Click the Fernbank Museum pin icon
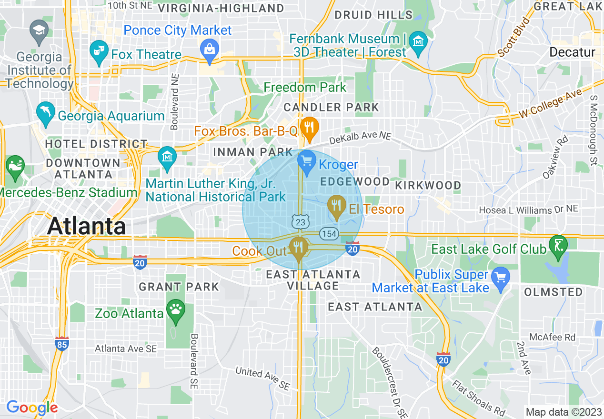pos(418,41)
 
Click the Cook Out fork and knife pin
pos(299,247)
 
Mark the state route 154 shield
pos(329,234)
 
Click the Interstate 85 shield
pos(61,344)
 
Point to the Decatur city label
pos(572,52)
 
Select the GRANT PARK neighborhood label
pos(179,287)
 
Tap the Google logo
pos(32,408)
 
